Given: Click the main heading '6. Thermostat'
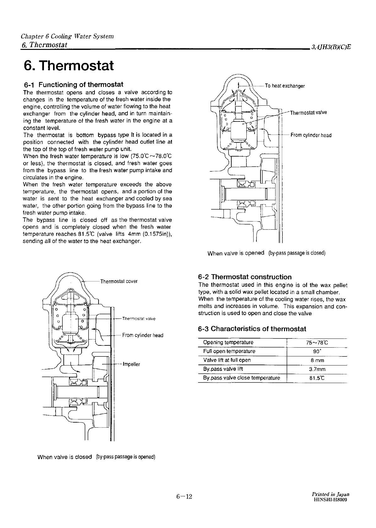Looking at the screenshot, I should [68, 66].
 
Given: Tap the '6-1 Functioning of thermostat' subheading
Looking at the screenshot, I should [73, 85].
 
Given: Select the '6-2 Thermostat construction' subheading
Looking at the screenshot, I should [245, 277].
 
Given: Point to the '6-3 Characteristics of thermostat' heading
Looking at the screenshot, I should [252, 329].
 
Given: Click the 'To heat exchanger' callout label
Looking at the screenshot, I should [285, 86].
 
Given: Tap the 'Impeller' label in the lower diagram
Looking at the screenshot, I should [132, 364].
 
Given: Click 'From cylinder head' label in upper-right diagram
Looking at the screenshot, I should [311, 135].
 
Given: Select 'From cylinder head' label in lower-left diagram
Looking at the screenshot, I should [142, 335].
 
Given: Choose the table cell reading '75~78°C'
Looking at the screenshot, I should [317, 343].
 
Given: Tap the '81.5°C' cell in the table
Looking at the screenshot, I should [317, 378].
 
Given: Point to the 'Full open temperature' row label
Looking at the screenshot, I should [229, 351].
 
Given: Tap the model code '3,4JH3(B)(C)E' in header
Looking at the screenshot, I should [330, 47].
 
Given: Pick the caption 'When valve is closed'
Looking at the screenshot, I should [64, 457].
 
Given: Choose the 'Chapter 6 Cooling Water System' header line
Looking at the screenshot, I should [67, 36].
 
